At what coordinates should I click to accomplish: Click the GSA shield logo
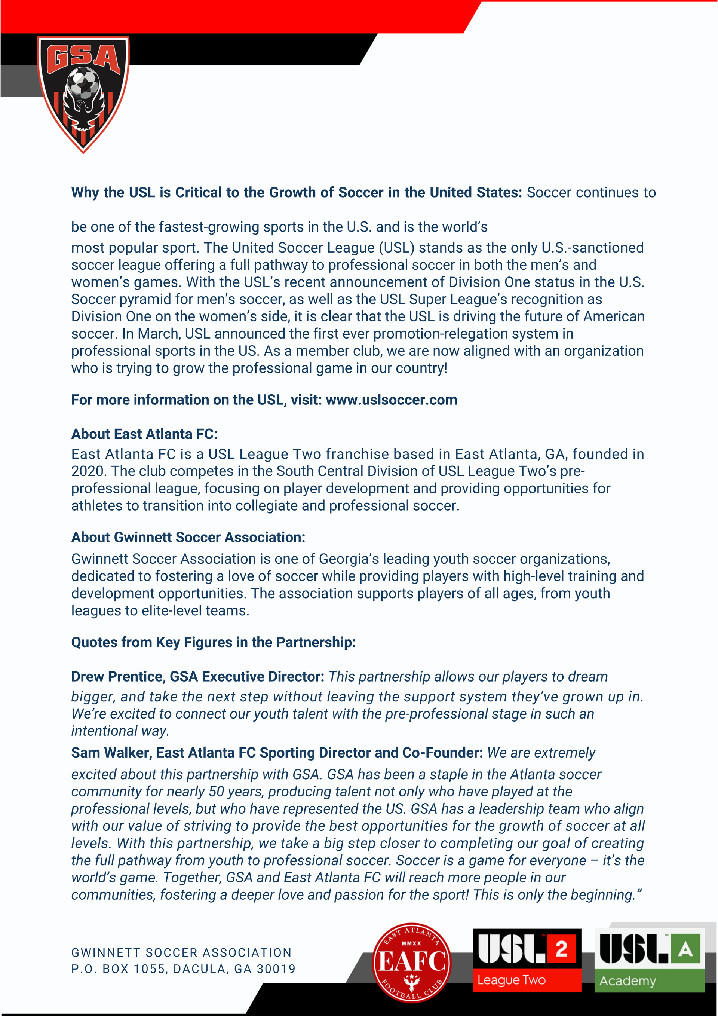click(83, 94)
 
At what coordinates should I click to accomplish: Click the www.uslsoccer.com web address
click(391, 400)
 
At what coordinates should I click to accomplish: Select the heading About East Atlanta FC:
click(144, 434)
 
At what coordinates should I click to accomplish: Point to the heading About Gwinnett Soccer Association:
click(188, 537)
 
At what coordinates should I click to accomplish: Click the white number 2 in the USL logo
click(561, 949)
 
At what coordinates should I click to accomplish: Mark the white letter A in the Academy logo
click(685, 949)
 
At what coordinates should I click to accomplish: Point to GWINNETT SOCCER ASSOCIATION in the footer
click(181, 953)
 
